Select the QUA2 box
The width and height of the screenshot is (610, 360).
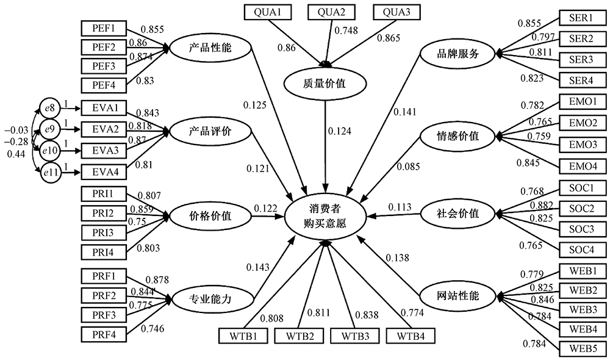(332, 11)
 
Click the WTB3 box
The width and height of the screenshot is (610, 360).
(354, 335)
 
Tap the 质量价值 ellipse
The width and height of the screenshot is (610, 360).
(324, 84)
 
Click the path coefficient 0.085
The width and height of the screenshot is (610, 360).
(409, 166)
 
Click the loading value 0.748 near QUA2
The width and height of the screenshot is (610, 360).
(346, 29)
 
